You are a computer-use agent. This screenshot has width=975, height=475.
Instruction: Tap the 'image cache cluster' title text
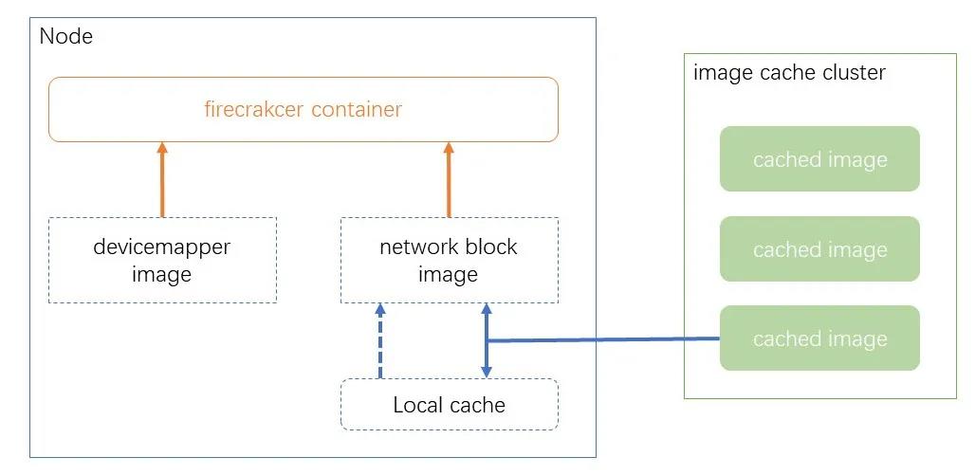(789, 73)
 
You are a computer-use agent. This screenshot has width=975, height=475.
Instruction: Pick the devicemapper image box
(162, 260)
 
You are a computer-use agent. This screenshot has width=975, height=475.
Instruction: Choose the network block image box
(449, 260)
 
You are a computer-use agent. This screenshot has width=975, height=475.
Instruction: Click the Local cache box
(449, 405)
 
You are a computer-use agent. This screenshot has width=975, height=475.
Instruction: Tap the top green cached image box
(819, 159)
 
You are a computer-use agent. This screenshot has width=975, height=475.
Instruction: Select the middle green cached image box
(819, 249)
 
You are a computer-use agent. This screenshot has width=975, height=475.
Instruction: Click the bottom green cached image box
(819, 338)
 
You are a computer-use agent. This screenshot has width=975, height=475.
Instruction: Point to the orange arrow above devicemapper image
(162, 180)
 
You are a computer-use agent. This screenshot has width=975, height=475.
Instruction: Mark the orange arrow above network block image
(449, 180)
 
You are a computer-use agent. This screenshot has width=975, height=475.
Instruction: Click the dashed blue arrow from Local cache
(379, 341)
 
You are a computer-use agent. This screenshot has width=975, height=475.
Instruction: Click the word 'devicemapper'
(162, 247)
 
